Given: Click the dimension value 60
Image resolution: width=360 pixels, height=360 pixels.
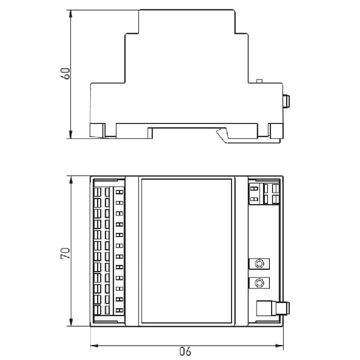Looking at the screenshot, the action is coord(66,73).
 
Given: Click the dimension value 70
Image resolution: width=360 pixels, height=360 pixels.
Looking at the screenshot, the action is coord(66,253).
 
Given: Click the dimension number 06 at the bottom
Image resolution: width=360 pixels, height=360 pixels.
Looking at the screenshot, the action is coord(185,351).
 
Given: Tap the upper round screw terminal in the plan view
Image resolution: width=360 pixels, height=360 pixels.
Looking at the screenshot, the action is coord(259,264).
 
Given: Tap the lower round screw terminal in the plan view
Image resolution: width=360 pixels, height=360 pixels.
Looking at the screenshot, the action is coord(259,283).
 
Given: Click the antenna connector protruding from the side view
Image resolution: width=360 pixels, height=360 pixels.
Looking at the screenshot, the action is coord(286,101).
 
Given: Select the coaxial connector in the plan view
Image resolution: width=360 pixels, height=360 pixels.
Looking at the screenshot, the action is coord(273,308).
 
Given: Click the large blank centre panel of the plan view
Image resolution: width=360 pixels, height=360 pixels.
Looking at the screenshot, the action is coord(187,250).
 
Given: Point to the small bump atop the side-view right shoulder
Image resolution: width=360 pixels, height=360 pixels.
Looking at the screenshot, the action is coord(259,81).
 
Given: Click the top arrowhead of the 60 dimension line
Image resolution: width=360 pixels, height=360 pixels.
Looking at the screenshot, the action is coord(71,14).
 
